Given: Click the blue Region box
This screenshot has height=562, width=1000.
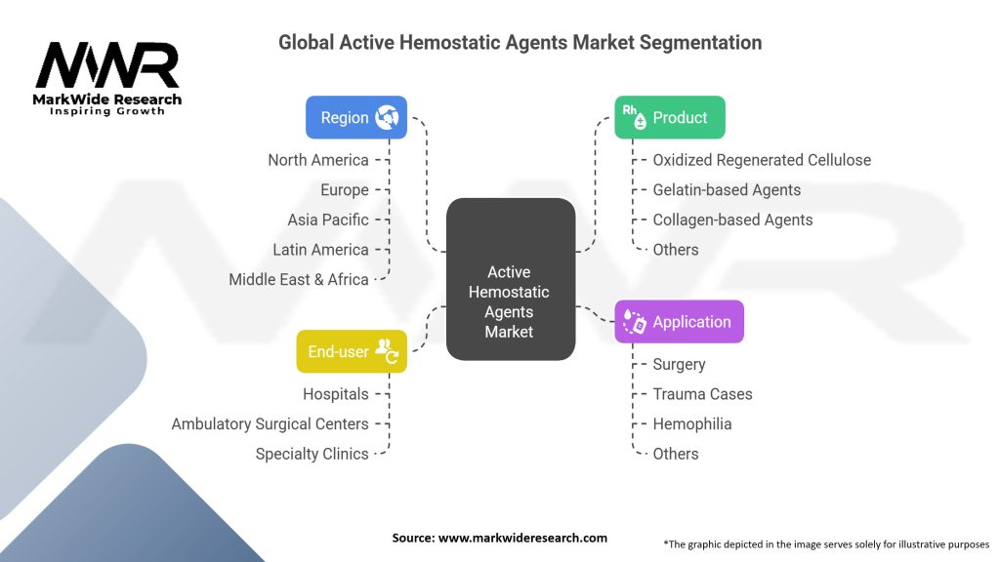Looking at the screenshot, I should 355,117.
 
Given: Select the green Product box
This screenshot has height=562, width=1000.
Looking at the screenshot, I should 669,117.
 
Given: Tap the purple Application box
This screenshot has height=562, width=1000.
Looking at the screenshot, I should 679,322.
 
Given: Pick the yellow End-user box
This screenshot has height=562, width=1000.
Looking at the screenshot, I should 352,351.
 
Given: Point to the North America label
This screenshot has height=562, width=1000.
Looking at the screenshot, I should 318,160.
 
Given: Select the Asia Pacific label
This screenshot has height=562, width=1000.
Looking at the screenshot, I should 328,220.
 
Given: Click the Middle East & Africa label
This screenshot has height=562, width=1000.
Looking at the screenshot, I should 299,279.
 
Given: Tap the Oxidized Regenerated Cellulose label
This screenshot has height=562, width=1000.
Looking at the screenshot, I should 762,160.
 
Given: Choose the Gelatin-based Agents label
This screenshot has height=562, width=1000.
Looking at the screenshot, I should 727,190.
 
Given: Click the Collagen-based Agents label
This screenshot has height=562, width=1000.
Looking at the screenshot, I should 732,220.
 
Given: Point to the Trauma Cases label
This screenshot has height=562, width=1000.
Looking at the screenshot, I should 702,394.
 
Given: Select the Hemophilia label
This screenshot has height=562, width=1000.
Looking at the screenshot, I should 692,423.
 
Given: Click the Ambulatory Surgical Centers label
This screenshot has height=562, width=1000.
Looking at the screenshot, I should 271,423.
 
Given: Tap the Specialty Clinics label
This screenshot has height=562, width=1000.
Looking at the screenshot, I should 312,454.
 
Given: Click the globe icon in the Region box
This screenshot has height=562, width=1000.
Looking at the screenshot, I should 387,117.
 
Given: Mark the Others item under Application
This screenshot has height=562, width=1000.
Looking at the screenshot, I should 676,454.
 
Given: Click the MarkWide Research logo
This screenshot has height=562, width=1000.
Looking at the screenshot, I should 108,79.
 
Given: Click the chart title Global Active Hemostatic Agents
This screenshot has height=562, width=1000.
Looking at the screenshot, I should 520,43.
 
